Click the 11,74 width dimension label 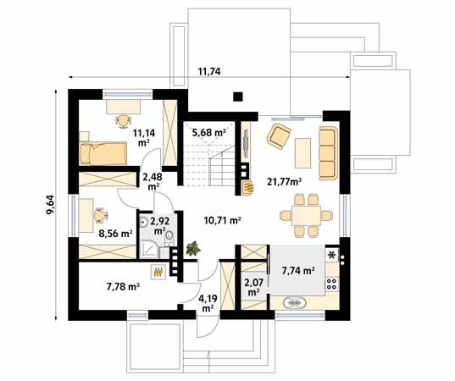(209, 71)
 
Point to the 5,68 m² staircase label (208, 132)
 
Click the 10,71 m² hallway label (223, 221)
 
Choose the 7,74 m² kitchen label (297, 271)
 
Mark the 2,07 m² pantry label (252, 287)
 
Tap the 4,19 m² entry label (207, 301)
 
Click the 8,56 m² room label (115, 233)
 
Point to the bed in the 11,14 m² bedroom (102, 153)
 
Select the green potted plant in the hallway (194, 250)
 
